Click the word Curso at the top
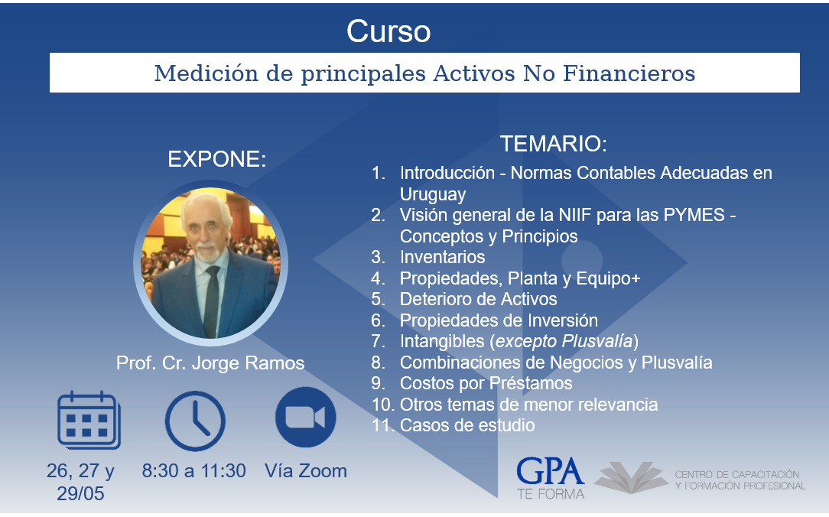(x=388, y=31)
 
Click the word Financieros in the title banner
(x=629, y=73)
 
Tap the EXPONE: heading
(x=216, y=158)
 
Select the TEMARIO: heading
(x=554, y=144)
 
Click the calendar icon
(x=89, y=421)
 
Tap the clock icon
(x=195, y=421)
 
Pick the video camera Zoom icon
(x=306, y=417)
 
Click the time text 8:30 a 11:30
(x=193, y=470)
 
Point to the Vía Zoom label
(x=306, y=470)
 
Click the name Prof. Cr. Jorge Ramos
(x=210, y=363)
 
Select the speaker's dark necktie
(x=211, y=301)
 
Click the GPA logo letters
(x=551, y=472)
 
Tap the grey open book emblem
(x=631, y=477)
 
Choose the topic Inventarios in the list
(x=443, y=257)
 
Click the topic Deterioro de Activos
(x=479, y=299)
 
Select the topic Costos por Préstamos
(x=486, y=383)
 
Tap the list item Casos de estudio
(x=467, y=425)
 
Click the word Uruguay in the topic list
(x=433, y=194)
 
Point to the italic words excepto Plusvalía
(x=564, y=342)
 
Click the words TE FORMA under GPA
(x=551, y=494)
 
